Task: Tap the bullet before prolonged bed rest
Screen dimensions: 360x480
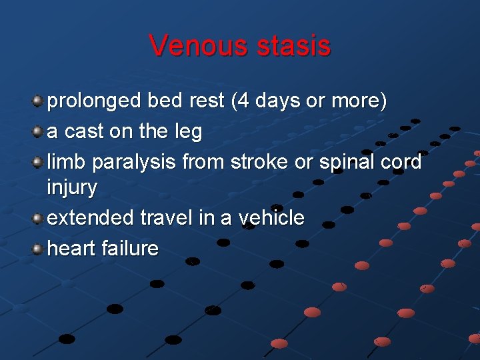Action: tap(38, 101)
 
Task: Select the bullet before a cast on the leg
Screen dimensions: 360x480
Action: tap(38, 132)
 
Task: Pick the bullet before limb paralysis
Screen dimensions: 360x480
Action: tap(38, 162)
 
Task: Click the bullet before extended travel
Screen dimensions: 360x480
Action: tap(38, 218)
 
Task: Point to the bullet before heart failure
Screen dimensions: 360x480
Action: tap(38, 249)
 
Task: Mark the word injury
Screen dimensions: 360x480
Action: tap(71, 188)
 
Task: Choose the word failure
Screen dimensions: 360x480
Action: tap(130, 249)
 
